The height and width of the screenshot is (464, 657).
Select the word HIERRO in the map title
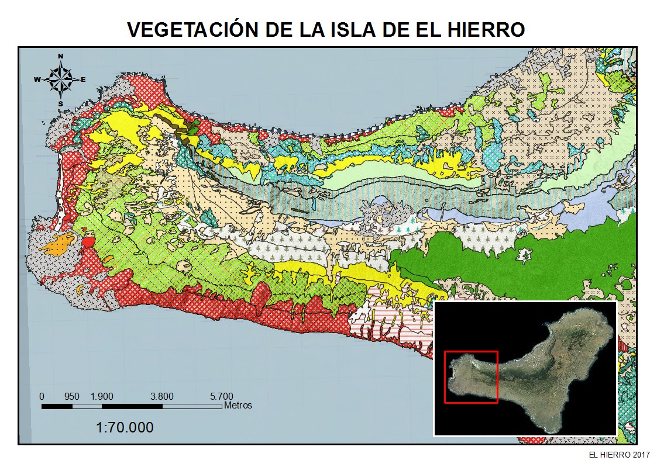[x=486, y=30]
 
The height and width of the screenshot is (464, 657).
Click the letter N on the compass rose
[x=61, y=56]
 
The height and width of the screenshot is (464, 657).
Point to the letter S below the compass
[x=60, y=103]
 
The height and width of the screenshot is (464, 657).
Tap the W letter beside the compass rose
[x=37, y=79]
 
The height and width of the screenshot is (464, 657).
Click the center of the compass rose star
[x=60, y=79]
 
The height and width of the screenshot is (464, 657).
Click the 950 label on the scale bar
[x=72, y=396]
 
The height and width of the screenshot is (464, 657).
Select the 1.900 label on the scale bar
[x=102, y=396]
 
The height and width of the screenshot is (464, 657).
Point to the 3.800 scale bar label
[x=161, y=396]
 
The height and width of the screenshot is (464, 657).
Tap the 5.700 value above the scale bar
[x=221, y=396]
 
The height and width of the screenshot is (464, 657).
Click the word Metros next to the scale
[x=238, y=405]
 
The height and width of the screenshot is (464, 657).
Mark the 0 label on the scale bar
[x=42, y=396]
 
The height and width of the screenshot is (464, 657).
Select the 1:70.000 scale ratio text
[x=125, y=428]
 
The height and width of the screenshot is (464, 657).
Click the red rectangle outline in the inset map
[x=471, y=351]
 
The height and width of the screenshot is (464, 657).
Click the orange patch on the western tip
[x=57, y=243]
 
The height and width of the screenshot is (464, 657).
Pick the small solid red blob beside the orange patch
[x=88, y=242]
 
